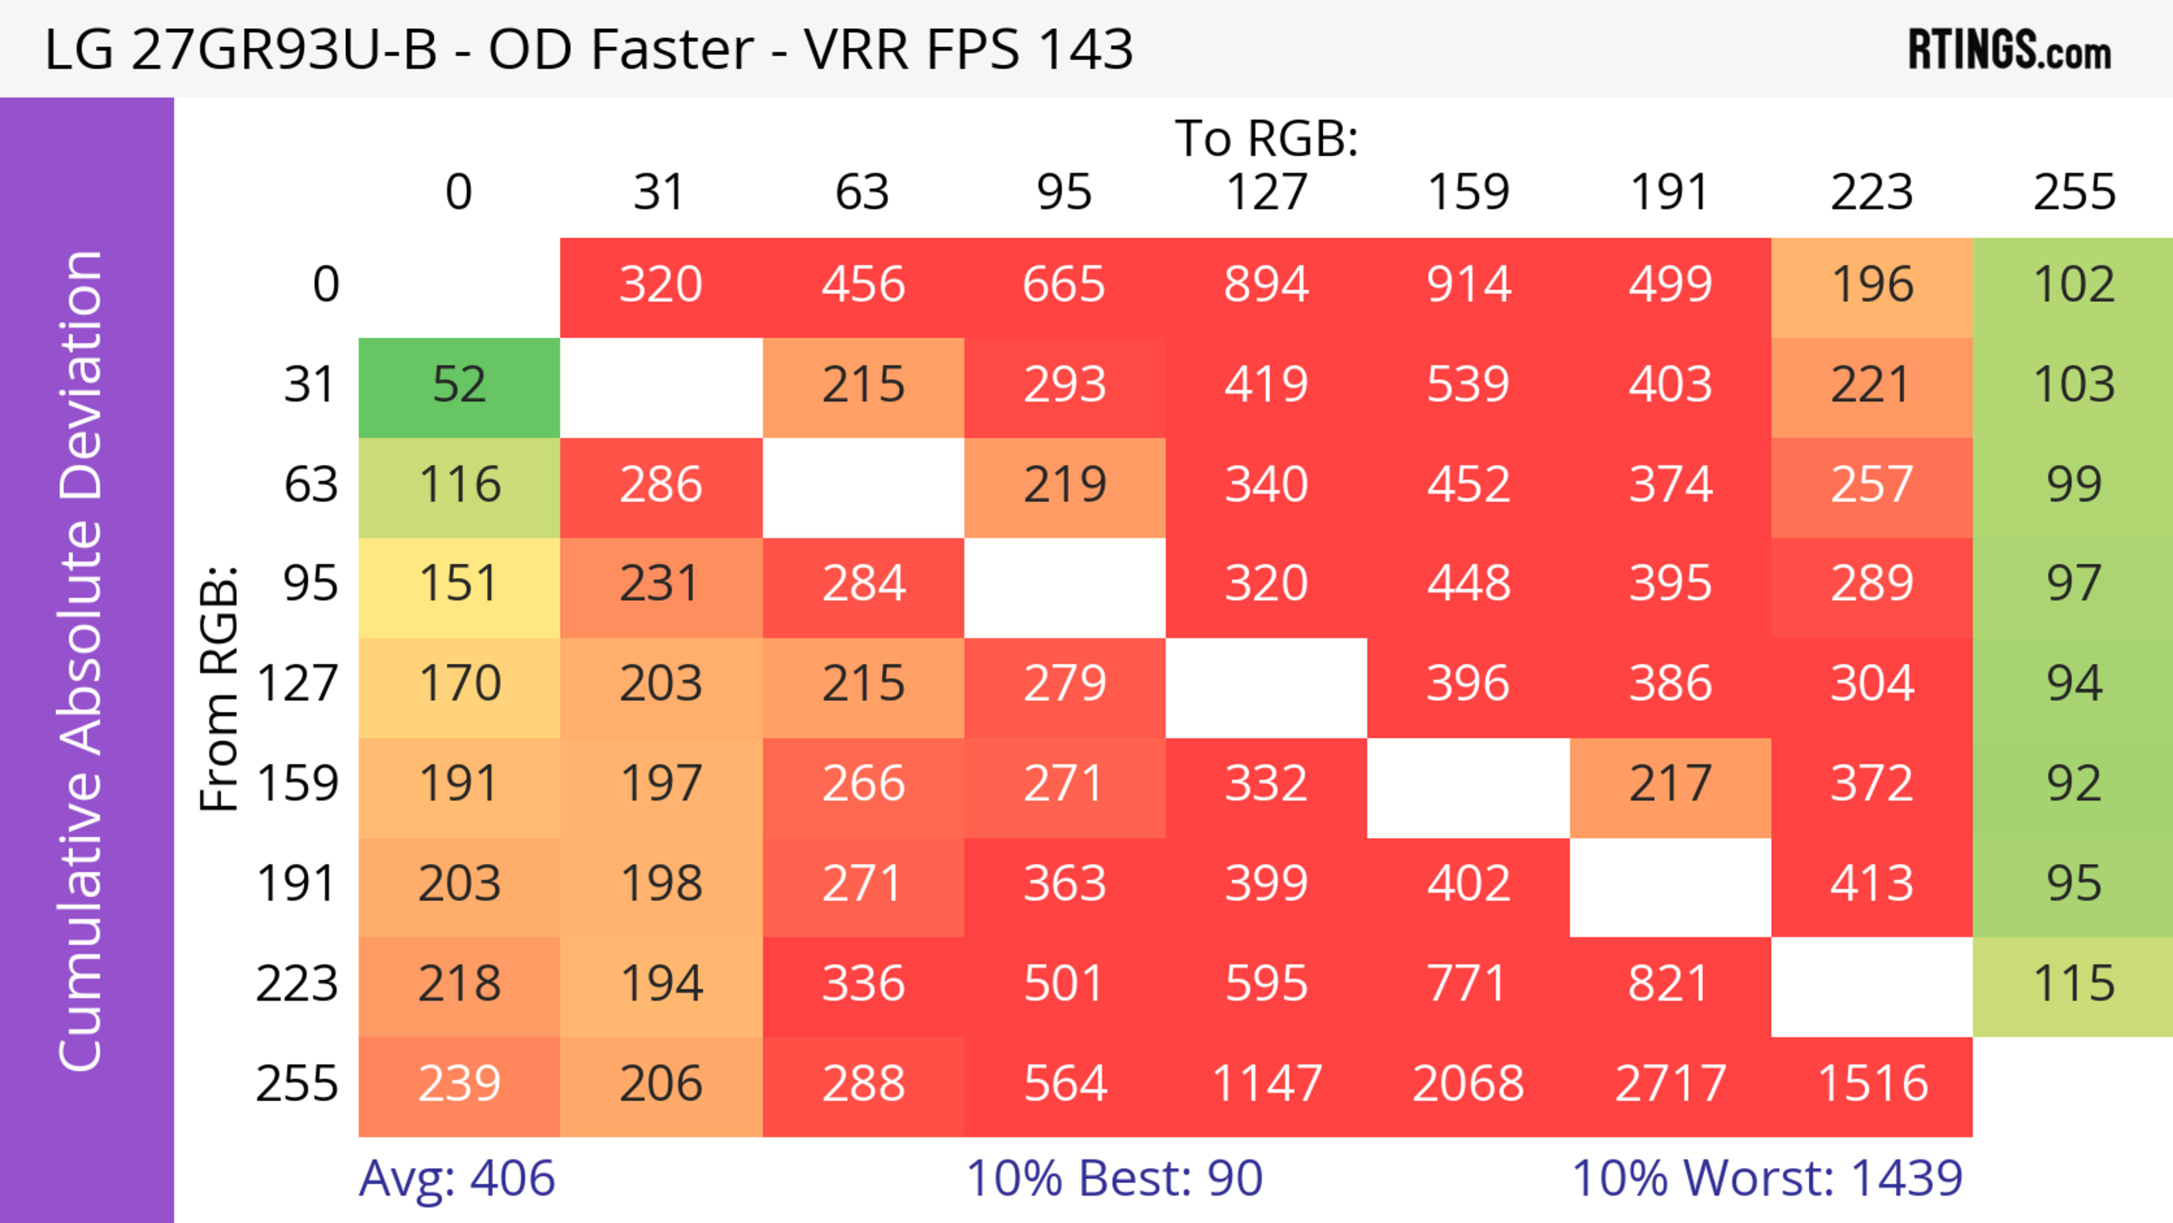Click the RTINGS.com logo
[x=2009, y=50]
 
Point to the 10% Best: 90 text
[x=1114, y=1178]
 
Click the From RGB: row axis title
[x=220, y=688]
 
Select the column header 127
[x=1266, y=193]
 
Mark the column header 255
[x=2073, y=193]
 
